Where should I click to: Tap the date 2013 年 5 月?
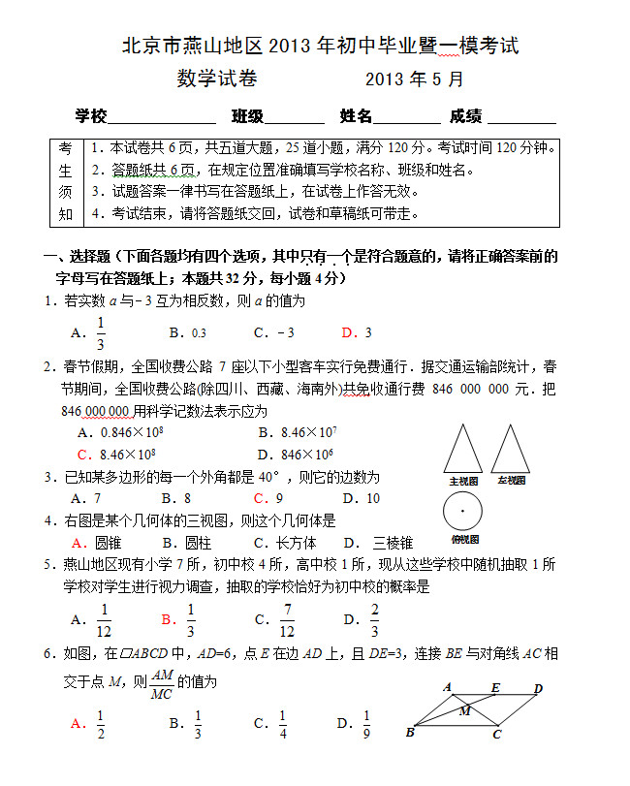pos(415,79)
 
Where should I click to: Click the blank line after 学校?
pos(162,118)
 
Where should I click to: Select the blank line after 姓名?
pos(406,118)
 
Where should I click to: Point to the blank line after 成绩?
pos(521,118)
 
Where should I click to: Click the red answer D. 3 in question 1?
pos(357,332)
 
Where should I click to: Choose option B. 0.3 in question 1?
pos(187,332)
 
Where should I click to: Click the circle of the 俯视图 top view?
pos(463,511)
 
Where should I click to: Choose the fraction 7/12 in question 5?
pos(286,619)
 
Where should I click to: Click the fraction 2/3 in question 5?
pos(374,619)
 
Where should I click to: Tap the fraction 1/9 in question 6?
pos(366,723)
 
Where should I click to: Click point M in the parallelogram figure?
pos(464,710)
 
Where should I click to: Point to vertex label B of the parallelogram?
pos(410,733)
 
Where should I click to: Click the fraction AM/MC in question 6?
pos(162,683)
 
